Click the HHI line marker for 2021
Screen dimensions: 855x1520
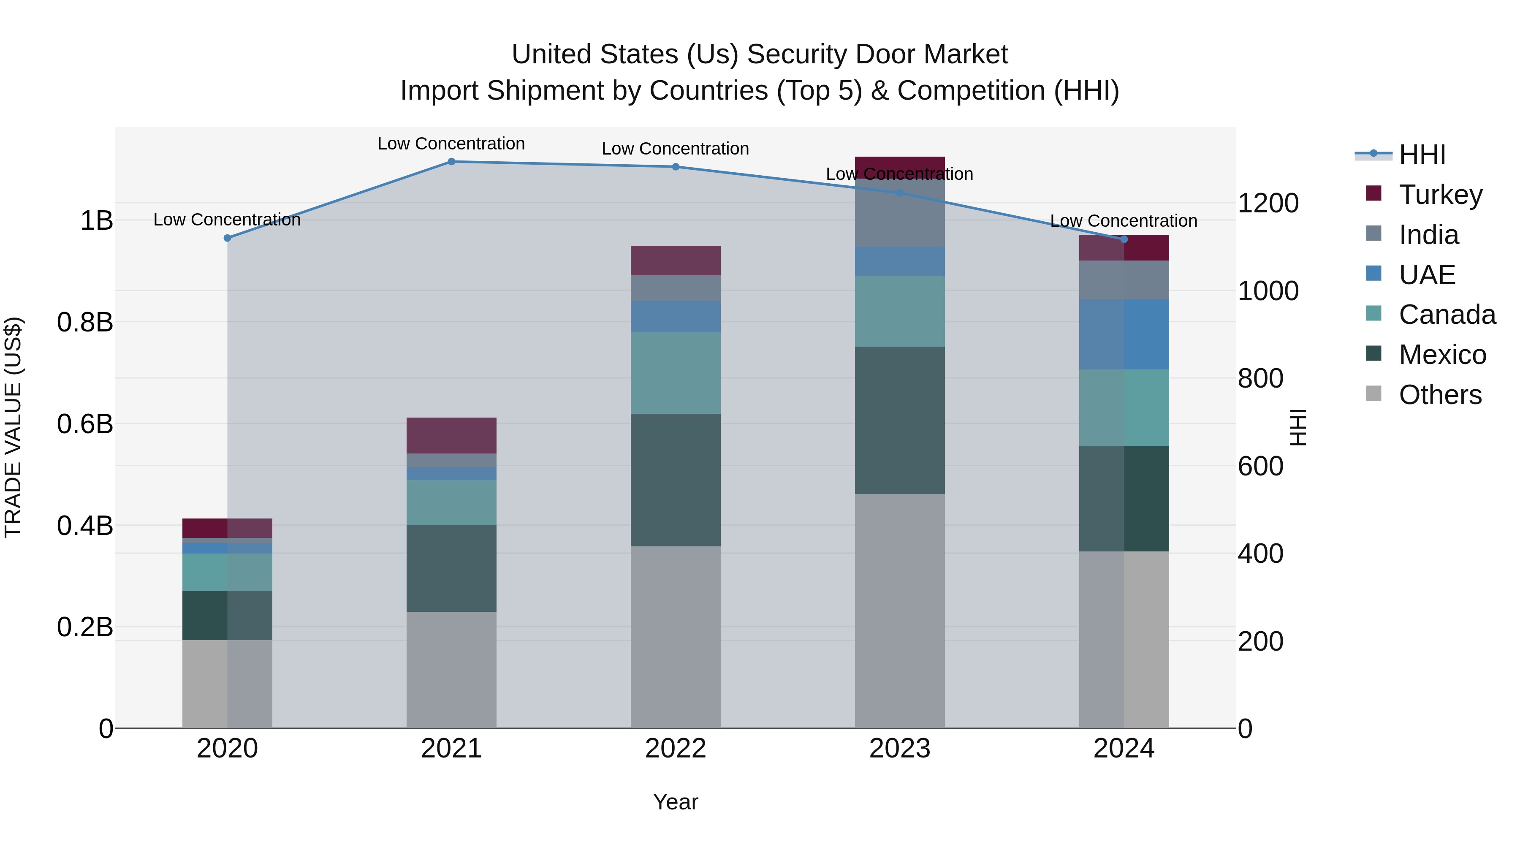click(x=451, y=162)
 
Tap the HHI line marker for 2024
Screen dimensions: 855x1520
click(x=1124, y=239)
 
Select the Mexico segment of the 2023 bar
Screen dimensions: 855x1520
click(x=899, y=420)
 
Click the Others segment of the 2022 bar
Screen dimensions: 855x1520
click(x=676, y=637)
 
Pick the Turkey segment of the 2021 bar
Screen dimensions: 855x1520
click(x=451, y=435)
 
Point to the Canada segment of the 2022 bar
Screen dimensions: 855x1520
click(x=676, y=373)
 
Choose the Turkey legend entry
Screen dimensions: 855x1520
click(x=1440, y=195)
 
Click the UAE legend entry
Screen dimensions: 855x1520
click(x=1427, y=275)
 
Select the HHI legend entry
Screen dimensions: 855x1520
click(x=1422, y=155)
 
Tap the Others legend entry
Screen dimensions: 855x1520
click(x=1440, y=395)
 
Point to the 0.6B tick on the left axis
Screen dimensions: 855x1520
click(x=85, y=423)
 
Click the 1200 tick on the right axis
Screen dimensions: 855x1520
click(x=1268, y=204)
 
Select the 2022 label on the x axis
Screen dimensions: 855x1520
click(x=676, y=749)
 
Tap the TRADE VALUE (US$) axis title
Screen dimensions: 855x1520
click(x=13, y=427)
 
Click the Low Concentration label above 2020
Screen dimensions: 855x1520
click(x=227, y=220)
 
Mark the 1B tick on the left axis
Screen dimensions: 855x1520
click(x=96, y=221)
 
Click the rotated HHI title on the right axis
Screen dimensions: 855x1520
click(x=1299, y=427)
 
